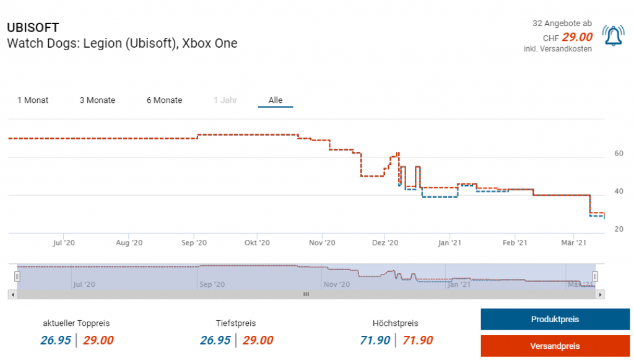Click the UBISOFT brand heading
point(33,28)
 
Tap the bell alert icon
point(613,37)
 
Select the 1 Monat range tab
point(33,100)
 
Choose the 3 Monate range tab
point(97,100)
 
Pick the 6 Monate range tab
point(164,100)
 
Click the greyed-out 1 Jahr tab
point(225,100)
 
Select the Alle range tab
point(276,100)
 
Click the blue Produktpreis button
point(555,320)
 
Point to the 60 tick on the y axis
point(618,154)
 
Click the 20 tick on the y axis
point(618,229)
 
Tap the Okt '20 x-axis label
point(257,244)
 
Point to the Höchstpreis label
point(395,323)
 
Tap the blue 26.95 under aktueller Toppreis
point(56,340)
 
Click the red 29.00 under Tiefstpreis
point(258,340)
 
